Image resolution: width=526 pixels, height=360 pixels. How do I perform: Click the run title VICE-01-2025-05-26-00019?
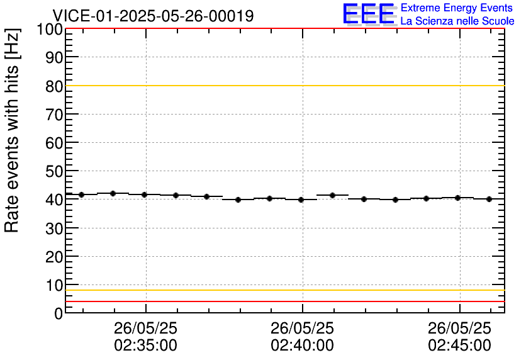153,16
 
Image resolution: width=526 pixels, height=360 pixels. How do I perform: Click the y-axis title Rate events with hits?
13,130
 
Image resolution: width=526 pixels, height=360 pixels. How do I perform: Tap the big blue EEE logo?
369,14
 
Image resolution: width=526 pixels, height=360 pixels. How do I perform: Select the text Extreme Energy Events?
457,8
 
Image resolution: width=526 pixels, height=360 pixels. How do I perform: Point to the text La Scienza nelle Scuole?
457,21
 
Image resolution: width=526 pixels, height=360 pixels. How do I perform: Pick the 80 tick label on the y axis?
53,86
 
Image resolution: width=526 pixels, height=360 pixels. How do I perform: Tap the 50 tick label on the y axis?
53,171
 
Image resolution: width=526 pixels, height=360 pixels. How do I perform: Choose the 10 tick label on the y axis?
53,284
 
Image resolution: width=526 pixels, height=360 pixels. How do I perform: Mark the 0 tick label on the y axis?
59,313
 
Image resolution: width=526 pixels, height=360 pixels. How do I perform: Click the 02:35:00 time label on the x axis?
145,346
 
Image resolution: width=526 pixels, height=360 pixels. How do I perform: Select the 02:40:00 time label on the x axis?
303,346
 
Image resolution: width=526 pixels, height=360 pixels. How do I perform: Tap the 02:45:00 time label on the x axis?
459,346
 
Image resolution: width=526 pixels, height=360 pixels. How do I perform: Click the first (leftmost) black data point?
82,194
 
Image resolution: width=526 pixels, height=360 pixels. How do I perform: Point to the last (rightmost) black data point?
489,199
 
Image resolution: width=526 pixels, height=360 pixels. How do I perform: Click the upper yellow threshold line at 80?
283,86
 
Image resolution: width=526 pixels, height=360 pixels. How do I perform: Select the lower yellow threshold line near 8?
283,290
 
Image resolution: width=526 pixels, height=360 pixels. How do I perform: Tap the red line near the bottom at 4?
283,301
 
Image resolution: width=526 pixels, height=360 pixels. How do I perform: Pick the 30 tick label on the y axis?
53,228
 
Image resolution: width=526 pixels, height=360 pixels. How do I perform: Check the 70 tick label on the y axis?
53,115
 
